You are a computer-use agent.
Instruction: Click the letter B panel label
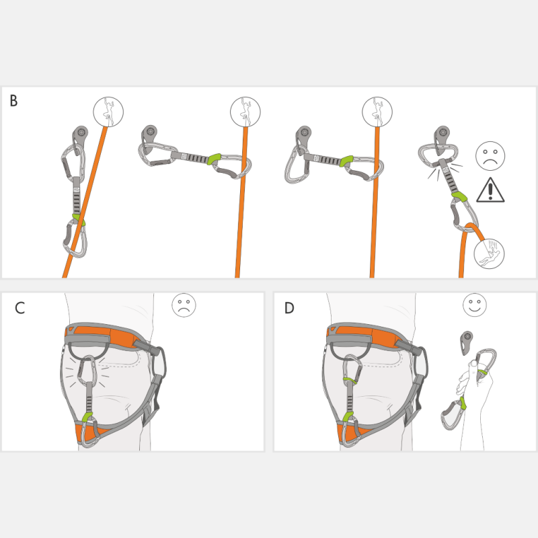tap(13, 101)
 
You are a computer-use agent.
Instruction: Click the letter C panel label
tap(20, 308)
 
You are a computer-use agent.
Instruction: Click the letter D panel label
tap(289, 308)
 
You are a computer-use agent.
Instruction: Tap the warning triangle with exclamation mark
tap(490, 190)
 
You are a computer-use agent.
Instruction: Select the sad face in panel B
tap(490, 156)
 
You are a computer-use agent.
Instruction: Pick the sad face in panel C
tap(184, 305)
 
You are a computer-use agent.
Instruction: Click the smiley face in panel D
tap(475, 305)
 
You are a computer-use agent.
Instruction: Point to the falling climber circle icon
tap(489, 254)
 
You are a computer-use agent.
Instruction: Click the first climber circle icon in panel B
tap(108, 112)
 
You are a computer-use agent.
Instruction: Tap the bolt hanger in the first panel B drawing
tap(80, 137)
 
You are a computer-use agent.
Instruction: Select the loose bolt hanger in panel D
tap(466, 342)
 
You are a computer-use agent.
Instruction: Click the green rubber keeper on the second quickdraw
tap(214, 159)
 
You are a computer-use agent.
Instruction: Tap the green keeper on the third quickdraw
tap(346, 161)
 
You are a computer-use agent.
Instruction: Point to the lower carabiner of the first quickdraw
tap(75, 239)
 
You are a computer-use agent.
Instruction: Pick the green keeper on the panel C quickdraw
tap(88, 418)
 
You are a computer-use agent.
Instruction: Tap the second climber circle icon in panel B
tap(245, 112)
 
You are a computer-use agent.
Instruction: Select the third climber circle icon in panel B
tap(377, 112)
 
